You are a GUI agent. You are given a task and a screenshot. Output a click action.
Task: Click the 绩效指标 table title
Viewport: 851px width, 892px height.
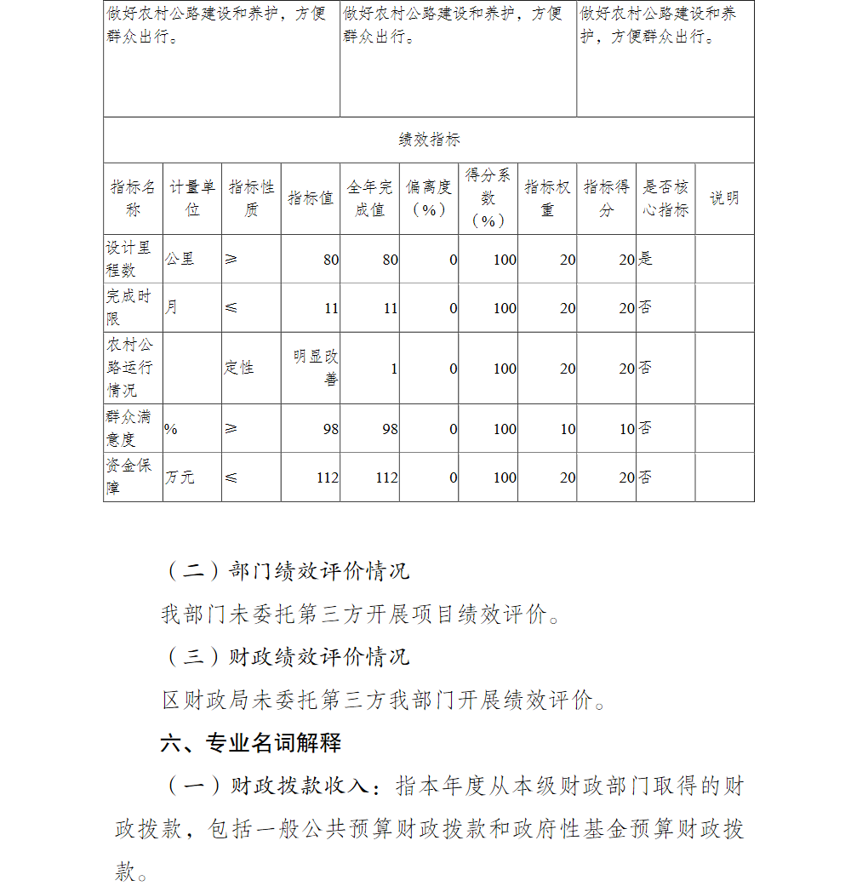coord(429,140)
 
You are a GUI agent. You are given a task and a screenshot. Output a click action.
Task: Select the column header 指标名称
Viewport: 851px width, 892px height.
coord(133,198)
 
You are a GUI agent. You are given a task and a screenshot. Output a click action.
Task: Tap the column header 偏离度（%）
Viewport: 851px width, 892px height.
coord(428,198)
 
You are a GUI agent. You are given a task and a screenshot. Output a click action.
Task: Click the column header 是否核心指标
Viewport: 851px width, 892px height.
coord(665,198)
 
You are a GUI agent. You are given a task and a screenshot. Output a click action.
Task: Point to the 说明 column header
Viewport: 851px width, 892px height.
coord(724,198)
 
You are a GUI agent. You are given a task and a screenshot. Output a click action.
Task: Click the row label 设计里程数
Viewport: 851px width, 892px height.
coord(129,259)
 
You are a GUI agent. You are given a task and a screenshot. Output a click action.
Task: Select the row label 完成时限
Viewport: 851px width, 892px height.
coord(129,307)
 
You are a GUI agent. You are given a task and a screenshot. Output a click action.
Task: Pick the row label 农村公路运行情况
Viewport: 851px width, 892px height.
coord(130,368)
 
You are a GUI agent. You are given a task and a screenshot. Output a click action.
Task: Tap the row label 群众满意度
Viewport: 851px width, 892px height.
coord(130,428)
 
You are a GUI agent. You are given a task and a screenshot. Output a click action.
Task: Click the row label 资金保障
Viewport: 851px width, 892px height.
coord(129,477)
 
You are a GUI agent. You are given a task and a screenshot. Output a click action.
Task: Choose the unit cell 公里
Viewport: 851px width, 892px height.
coord(180,259)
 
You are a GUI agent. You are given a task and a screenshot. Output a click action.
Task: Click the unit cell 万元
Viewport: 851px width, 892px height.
coord(180,477)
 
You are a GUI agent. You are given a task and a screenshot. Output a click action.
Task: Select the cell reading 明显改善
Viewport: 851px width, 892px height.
coord(316,368)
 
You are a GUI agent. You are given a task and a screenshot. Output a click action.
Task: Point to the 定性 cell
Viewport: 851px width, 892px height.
coord(239,368)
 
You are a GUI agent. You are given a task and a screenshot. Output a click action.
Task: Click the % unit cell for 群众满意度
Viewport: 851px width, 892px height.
coord(171,429)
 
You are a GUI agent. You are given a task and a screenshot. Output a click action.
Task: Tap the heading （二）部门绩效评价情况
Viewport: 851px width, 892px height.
coord(286,570)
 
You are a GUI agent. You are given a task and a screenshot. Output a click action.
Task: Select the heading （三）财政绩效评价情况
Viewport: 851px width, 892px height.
coord(286,657)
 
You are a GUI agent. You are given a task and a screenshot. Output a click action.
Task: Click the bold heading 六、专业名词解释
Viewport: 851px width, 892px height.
coord(251,742)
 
